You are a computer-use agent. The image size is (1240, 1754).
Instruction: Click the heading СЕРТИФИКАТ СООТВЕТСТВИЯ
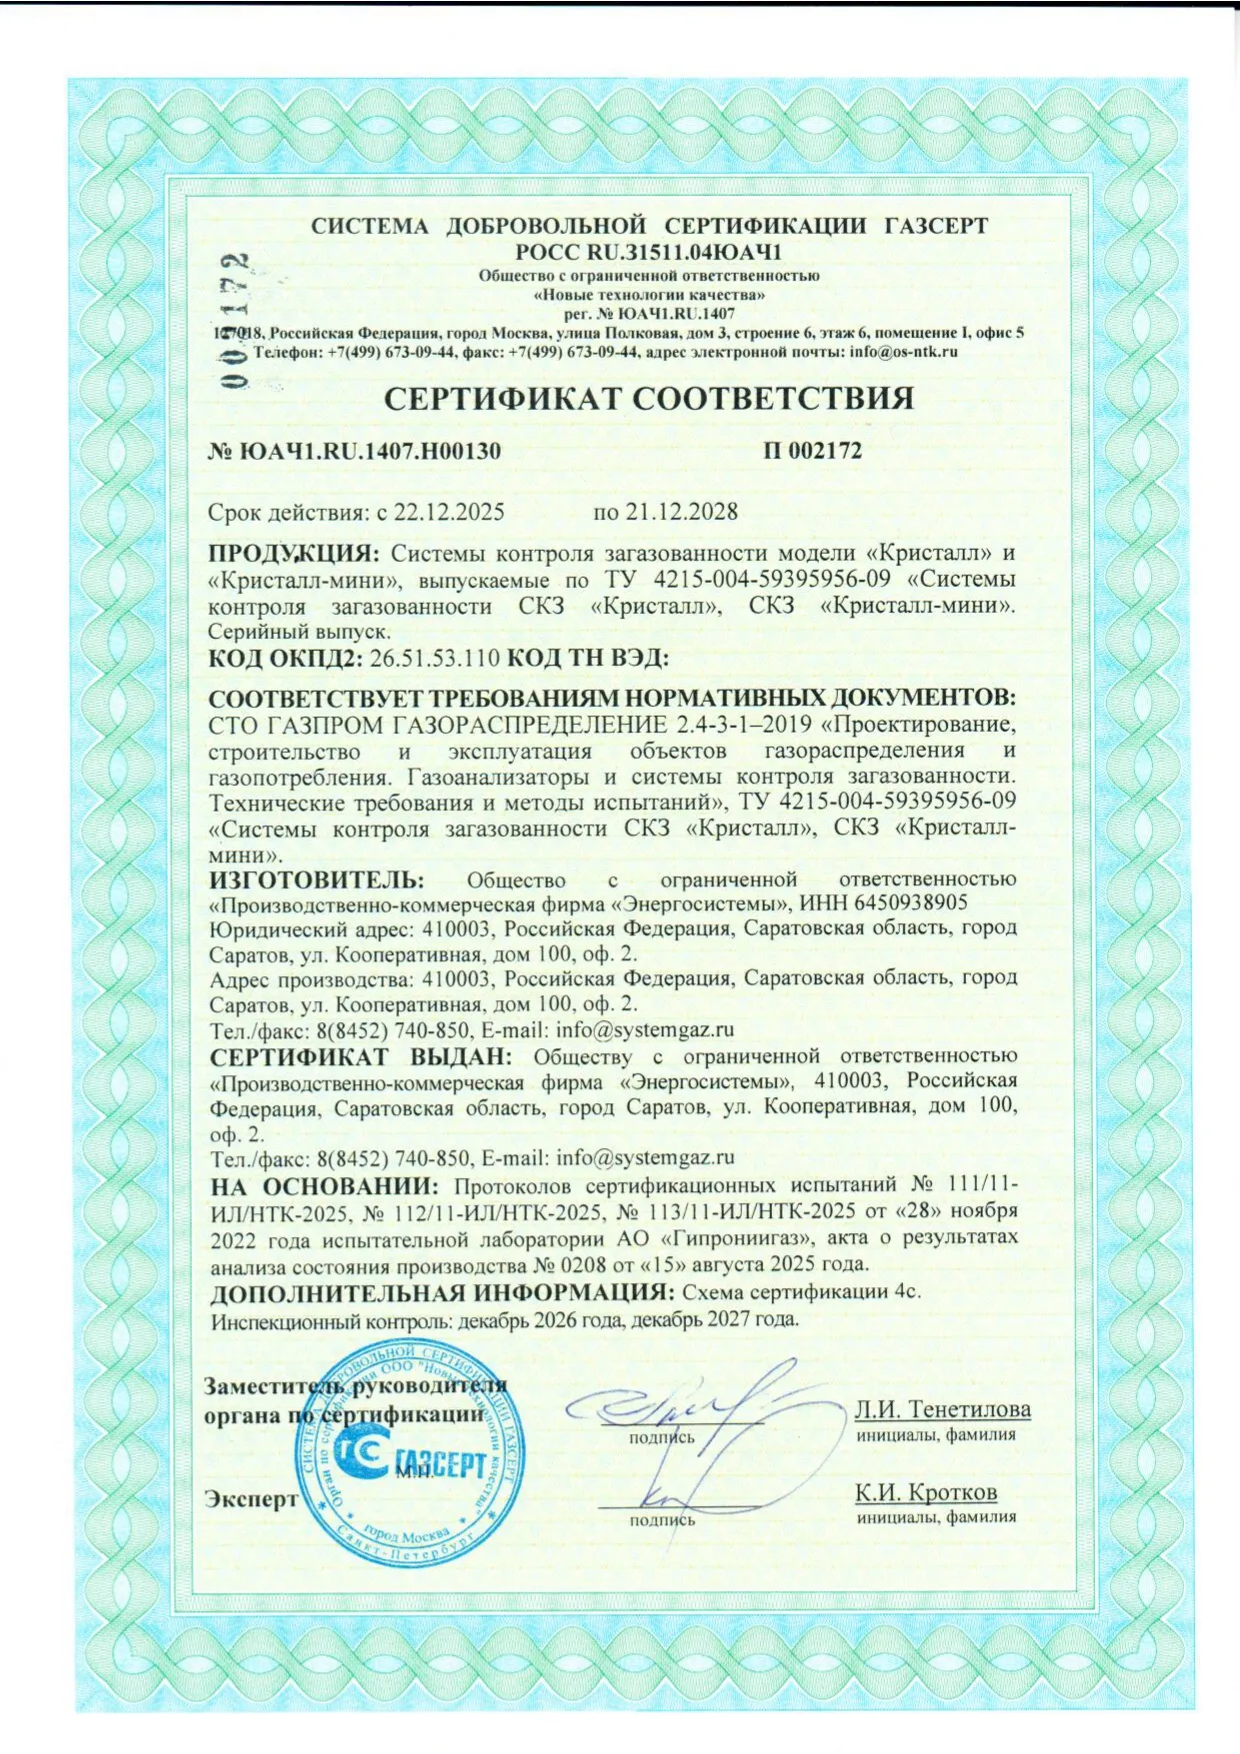point(649,399)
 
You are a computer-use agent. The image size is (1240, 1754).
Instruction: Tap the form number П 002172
point(812,451)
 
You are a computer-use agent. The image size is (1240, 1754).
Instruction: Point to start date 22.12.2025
point(449,513)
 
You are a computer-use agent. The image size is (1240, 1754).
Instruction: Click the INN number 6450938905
point(911,903)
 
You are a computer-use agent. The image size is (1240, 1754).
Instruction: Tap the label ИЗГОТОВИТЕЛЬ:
point(317,879)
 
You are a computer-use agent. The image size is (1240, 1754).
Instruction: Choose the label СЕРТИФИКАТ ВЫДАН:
point(361,1056)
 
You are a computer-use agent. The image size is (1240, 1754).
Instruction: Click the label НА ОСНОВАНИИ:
point(325,1186)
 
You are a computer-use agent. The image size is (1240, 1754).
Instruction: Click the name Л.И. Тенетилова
point(942,1409)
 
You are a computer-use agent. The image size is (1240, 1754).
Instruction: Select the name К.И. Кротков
point(925,1493)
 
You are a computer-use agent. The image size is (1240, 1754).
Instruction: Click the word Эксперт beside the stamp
point(251,1499)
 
